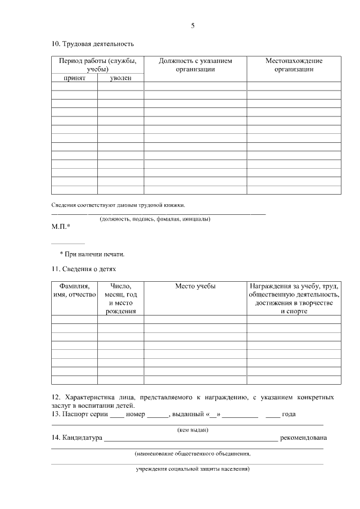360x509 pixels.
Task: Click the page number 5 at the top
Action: [x=192, y=26]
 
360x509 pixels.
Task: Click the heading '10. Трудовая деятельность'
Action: [x=92, y=44]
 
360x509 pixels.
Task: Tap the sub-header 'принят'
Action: [x=74, y=78]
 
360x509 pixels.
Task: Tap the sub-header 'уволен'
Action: [x=120, y=78]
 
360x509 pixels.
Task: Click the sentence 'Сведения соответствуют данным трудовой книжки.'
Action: [x=118, y=205]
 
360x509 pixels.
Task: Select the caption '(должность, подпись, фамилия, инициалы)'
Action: [x=155, y=218]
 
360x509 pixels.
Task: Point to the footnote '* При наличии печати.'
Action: [x=92, y=254]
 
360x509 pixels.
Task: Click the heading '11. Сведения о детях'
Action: [x=84, y=269]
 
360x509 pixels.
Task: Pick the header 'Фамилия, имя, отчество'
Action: [x=74, y=291]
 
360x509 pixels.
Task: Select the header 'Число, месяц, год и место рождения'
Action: [x=120, y=299]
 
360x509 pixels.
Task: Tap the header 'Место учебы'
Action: [x=195, y=286]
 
